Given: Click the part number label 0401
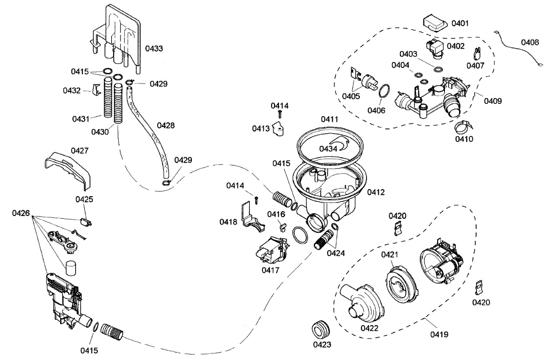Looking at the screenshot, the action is point(460,23).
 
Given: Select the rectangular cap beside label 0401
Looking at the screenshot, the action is point(435,23).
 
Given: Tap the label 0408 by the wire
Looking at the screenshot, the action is point(530,42).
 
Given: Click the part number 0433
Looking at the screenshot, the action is point(154,49).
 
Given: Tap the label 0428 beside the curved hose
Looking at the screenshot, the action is point(165,125).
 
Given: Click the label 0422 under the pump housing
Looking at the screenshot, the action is point(369,328).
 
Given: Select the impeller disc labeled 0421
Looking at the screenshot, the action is point(402,285).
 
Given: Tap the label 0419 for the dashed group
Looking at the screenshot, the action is point(439,334).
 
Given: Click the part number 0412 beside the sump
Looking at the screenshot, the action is point(376,192).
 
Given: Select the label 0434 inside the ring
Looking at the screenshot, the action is point(328,149).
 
